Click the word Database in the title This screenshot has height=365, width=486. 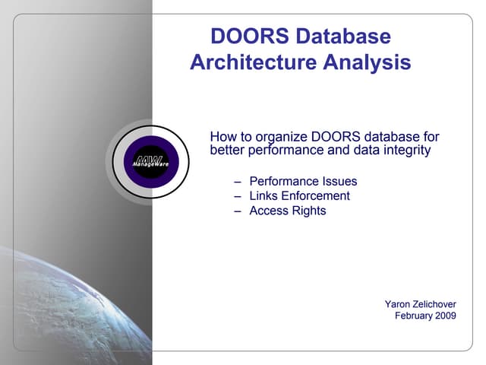(x=348, y=36)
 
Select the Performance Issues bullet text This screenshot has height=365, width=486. (x=303, y=181)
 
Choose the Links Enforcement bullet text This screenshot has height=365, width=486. (x=299, y=195)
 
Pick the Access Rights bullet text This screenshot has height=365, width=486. (x=287, y=211)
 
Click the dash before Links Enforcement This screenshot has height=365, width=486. (x=238, y=196)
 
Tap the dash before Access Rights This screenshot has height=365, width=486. (x=238, y=211)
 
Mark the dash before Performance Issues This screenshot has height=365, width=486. (x=238, y=182)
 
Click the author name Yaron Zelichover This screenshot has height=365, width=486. (x=420, y=304)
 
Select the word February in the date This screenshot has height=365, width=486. (x=413, y=316)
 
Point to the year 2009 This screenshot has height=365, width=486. (x=446, y=316)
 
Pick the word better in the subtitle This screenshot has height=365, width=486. (x=226, y=151)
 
